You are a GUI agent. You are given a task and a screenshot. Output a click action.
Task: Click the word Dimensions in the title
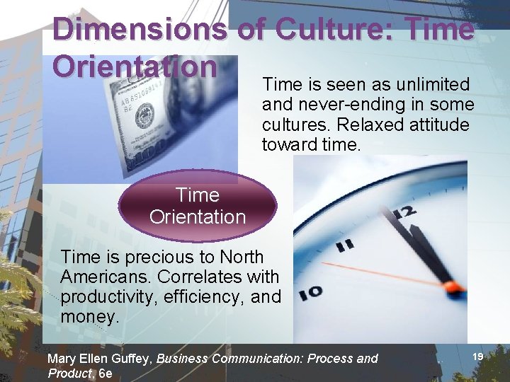(139, 30)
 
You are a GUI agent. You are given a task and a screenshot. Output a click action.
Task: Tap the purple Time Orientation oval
(198, 206)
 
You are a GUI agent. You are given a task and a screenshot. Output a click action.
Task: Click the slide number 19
(477, 357)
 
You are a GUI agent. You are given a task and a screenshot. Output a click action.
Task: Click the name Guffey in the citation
(131, 359)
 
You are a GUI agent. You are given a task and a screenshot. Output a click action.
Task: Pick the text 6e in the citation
(106, 373)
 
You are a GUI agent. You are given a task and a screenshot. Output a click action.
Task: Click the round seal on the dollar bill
(144, 114)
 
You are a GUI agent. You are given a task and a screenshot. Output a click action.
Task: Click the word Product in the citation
(69, 373)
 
